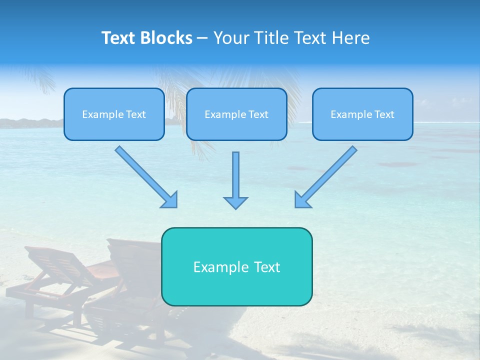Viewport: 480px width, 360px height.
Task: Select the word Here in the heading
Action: pos(351,38)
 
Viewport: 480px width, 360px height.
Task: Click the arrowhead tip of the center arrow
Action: pos(235,207)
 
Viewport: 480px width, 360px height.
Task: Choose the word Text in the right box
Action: pos(384,114)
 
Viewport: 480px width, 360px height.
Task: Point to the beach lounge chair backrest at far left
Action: pos(50,262)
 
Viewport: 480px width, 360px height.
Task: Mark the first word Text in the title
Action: pos(119,38)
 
